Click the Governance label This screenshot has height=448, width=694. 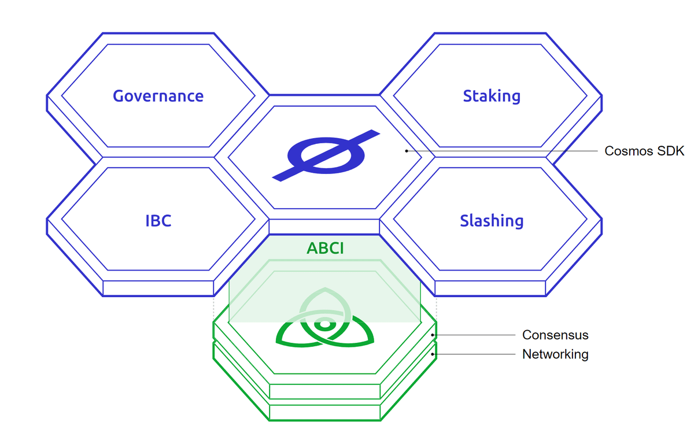158,96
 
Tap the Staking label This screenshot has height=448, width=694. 492,97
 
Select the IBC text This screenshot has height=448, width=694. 158,221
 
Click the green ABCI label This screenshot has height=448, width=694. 325,249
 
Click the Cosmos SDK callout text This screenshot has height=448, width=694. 644,151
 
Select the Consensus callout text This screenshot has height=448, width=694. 555,335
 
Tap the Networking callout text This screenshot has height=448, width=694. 555,354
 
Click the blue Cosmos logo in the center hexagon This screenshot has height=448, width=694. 326,155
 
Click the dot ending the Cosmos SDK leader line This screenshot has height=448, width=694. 407,151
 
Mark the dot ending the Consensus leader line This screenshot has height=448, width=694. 433,335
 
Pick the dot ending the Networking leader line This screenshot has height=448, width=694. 433,354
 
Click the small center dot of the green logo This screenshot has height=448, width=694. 324,324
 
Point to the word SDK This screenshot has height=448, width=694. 671,151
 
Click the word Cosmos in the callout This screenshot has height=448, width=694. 629,151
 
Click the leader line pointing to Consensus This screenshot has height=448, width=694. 474,335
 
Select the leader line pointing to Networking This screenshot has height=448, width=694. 474,354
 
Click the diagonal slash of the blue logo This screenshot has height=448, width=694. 326,155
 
